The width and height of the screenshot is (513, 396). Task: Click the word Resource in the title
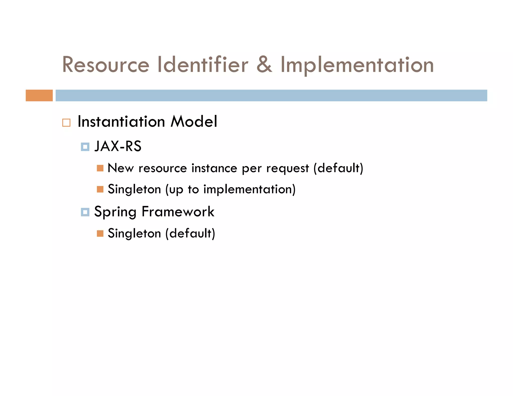pos(106,65)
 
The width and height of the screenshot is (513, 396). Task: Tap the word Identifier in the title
pos(203,65)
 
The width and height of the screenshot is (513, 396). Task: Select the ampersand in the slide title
pos(264,65)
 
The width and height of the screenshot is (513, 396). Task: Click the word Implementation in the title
pos(357,65)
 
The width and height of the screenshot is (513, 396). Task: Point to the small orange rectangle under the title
pos(39,95)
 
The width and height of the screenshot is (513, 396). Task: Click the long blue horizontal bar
pos(271,95)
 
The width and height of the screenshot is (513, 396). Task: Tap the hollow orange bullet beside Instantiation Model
pos(66,123)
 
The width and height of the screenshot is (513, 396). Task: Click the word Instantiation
pos(121,122)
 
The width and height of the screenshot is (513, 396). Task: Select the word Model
pos(194,122)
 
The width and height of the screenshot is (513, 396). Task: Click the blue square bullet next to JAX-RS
pos(85,147)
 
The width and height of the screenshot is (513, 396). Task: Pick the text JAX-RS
pos(118,146)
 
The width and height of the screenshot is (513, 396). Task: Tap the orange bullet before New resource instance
pos(100,168)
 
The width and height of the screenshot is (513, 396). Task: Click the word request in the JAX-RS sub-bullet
pos(288,168)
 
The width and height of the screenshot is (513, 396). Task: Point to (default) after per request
pos(338,168)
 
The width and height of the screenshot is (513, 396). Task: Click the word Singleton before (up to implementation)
pos(134,189)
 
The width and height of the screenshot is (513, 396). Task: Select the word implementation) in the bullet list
pos(249,189)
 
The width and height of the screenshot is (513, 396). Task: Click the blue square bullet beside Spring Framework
pos(85,212)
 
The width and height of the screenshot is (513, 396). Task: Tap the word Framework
pos(178,212)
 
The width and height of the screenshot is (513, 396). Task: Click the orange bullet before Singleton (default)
pos(100,234)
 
